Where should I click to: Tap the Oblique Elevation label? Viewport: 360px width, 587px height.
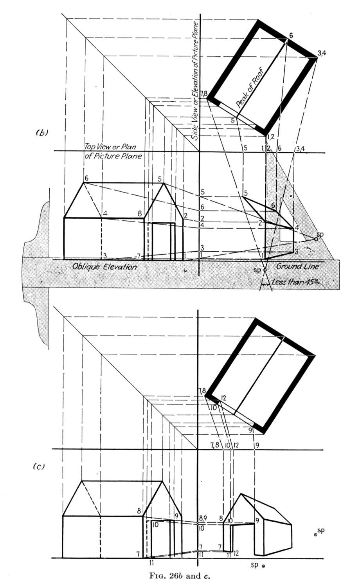tap(104, 267)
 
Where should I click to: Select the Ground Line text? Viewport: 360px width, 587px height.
tap(298, 266)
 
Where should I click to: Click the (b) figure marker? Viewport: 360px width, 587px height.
tap(41, 133)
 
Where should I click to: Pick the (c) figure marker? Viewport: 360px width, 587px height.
tap(39, 466)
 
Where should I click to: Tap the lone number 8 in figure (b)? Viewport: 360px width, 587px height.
tap(140, 214)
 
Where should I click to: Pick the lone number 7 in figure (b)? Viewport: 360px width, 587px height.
tap(139, 256)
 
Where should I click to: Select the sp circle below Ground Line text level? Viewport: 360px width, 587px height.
tap(265, 270)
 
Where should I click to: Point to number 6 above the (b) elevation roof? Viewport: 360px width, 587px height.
tap(86, 178)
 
